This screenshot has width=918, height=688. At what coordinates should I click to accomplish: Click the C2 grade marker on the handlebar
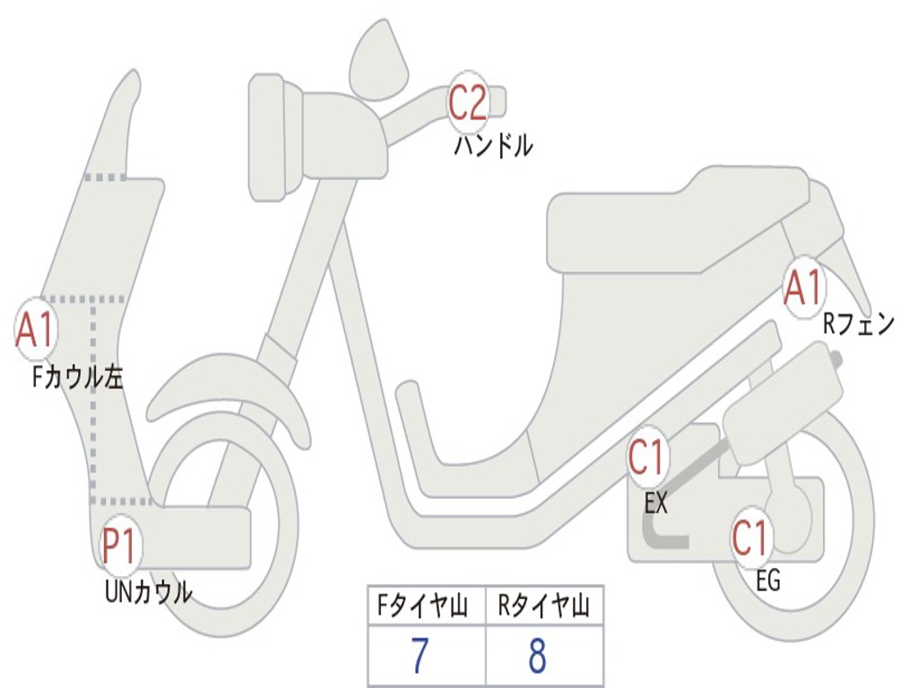coord(467,101)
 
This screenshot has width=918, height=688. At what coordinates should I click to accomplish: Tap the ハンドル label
coord(493,145)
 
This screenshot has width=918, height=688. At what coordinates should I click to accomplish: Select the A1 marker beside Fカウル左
coord(36,330)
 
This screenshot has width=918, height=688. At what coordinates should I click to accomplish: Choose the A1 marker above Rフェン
coord(802,288)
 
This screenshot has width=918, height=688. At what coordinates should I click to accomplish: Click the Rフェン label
coord(859,324)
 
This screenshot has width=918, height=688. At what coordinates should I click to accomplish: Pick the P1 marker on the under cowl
coord(121,546)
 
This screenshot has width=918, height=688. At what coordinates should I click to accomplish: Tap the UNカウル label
coord(149,591)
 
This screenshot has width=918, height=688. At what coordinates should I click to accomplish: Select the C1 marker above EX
coord(647,459)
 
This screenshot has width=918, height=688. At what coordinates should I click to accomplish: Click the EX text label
coord(656,503)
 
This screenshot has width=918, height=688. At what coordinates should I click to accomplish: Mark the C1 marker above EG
coord(751,537)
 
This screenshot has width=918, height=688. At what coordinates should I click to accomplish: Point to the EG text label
coord(768,581)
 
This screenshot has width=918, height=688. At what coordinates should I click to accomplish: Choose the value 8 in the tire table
coord(537,657)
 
